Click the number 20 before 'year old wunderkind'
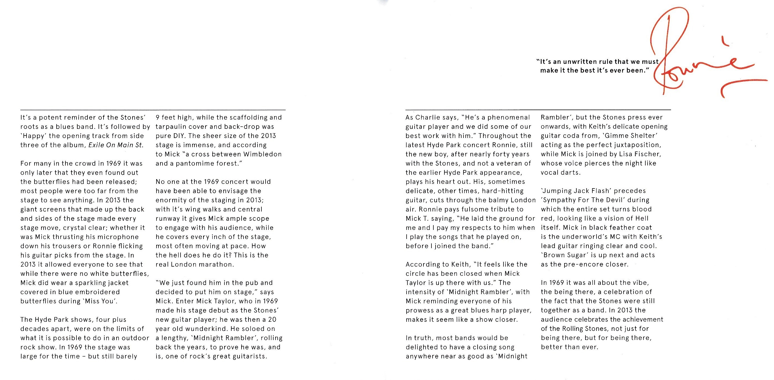pyautogui.click(x=272, y=320)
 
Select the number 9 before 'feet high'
pyautogui.click(x=157, y=118)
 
